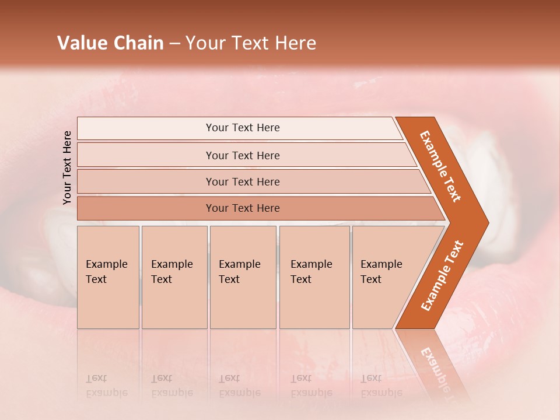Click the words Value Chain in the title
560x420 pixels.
click(x=110, y=43)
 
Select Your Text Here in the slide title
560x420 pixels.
click(x=251, y=43)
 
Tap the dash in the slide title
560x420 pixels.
click(x=174, y=44)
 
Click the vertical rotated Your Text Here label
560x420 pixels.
click(x=67, y=167)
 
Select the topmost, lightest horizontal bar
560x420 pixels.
click(x=242, y=128)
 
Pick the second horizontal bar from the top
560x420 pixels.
click(x=242, y=155)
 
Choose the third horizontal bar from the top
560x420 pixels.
click(x=242, y=181)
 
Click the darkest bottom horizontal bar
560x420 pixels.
click(x=242, y=208)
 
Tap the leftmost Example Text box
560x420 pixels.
click(x=108, y=277)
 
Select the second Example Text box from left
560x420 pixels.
click(x=174, y=277)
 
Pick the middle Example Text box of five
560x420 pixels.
click(x=243, y=277)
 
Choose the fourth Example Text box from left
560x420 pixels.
click(x=314, y=277)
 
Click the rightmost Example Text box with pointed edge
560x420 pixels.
click(x=385, y=277)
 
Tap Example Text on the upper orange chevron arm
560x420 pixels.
click(x=441, y=166)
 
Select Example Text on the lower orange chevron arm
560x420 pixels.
click(x=442, y=275)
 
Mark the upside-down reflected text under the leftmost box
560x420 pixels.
click(x=107, y=385)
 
